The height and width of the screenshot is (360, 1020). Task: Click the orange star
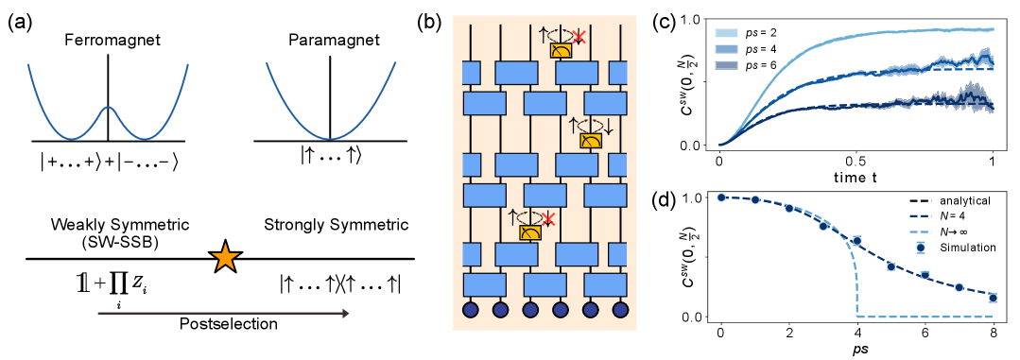(225, 257)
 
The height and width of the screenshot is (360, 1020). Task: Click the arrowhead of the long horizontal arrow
(346, 313)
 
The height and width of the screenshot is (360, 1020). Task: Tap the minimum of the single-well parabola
(332, 139)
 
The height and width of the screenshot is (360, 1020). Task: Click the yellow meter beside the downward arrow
(591, 140)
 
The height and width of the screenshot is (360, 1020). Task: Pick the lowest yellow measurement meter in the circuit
(530, 231)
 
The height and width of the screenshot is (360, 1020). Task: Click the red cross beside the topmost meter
(579, 36)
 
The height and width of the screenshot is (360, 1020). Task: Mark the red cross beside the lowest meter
(546, 218)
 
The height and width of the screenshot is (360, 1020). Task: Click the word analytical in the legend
(964, 200)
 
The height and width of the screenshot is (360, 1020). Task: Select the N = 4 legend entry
(954, 215)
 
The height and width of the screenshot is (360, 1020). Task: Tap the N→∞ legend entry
(956, 231)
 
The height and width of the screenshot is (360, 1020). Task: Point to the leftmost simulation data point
(721, 197)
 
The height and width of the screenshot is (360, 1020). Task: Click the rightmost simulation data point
(993, 298)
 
